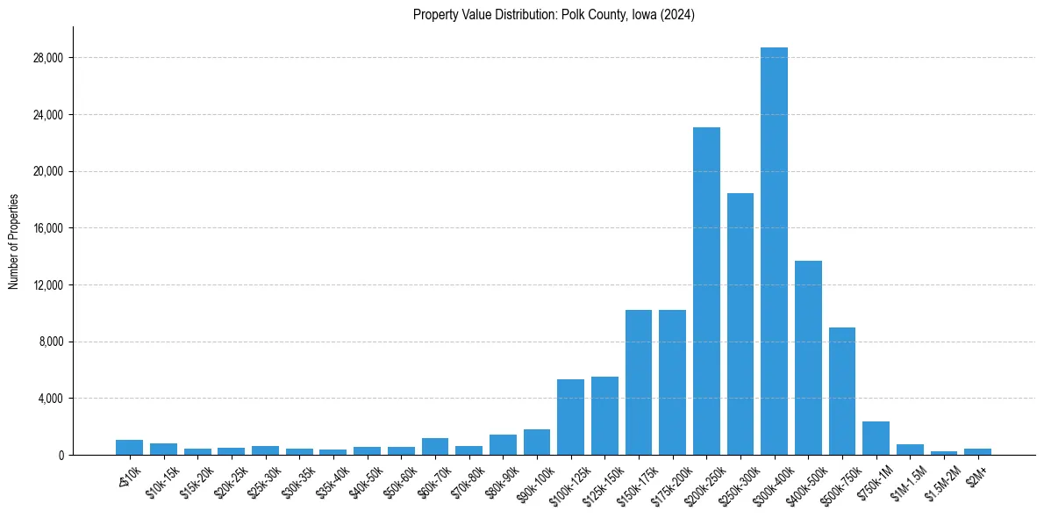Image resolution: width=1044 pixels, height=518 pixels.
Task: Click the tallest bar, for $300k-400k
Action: coord(774,251)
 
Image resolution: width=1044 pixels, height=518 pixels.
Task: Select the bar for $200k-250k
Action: coord(706,291)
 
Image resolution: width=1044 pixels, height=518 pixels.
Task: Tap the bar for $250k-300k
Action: coord(740,324)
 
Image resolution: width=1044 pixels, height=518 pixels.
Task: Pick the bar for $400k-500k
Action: coord(808,357)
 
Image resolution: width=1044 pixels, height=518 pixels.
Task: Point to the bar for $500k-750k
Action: coord(841,391)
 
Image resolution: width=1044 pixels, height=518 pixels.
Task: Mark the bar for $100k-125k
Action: coord(570,417)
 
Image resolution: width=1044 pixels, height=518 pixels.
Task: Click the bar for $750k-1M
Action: coord(876,438)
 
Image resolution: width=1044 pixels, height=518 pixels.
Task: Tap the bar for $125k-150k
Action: coord(604,415)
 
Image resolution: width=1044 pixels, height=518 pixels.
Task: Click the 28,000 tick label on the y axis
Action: coord(49,58)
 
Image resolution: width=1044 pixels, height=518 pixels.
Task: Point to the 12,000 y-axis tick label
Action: coord(49,285)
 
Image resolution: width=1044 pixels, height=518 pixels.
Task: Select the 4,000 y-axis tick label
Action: coord(52,399)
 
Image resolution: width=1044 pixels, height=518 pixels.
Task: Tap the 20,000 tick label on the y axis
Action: coord(49,171)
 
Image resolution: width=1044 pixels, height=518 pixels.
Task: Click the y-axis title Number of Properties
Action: coord(13,241)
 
